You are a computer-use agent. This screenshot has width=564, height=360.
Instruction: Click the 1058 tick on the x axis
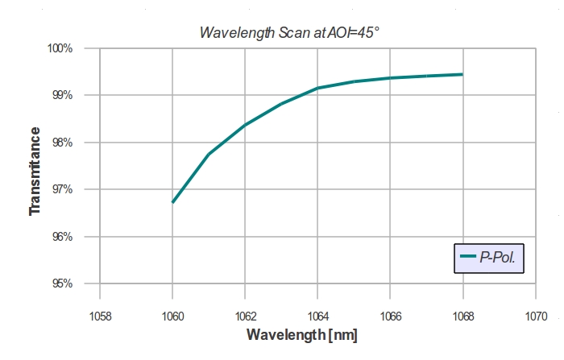click(100, 315)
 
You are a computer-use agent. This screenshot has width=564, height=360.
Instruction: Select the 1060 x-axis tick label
click(172, 315)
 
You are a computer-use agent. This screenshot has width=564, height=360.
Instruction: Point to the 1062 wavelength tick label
click(245, 315)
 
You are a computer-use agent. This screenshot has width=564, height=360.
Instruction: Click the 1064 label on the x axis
click(317, 315)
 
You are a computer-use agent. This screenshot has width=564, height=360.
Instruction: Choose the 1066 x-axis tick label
click(390, 315)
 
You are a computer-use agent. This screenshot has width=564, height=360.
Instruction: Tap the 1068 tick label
click(462, 315)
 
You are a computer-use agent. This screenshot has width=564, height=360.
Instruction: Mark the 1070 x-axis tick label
click(535, 315)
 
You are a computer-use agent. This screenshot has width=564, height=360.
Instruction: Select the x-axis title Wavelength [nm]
click(302, 334)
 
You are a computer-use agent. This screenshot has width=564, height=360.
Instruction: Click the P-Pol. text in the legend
click(497, 259)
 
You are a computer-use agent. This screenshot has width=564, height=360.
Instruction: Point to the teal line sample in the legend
click(468, 259)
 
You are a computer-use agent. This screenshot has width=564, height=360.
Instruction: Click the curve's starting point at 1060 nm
click(172, 201)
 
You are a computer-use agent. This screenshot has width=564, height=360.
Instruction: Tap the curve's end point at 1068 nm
click(462, 74)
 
